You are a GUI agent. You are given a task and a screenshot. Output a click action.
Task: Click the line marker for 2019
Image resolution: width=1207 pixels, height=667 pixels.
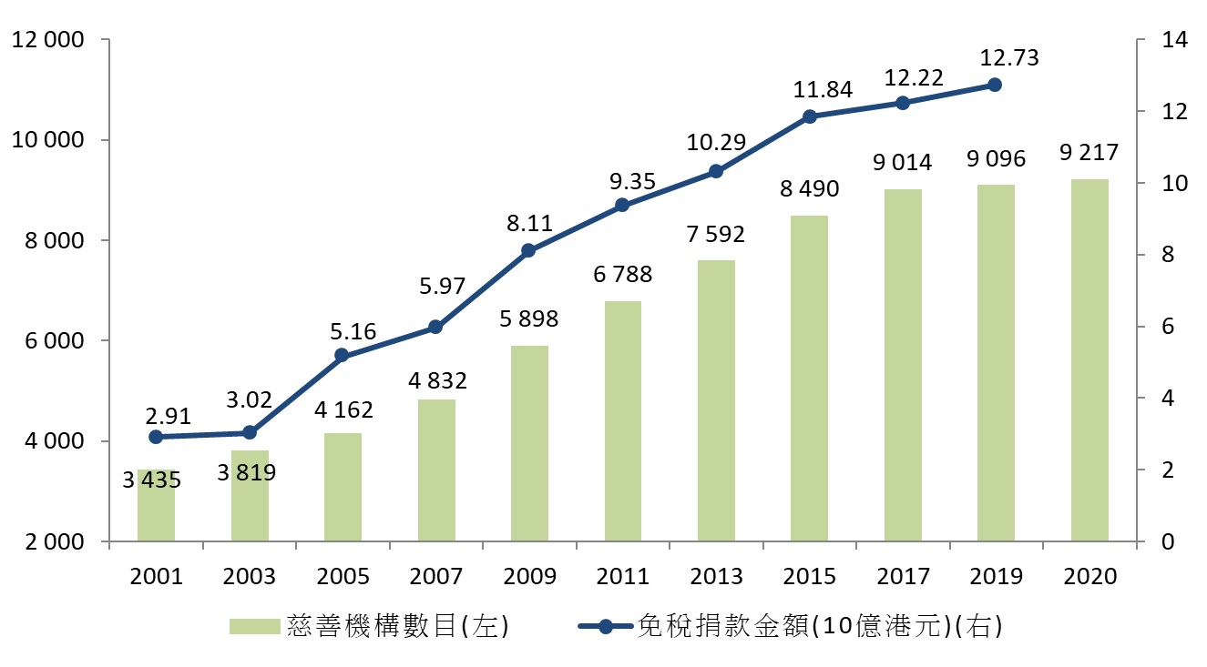995,85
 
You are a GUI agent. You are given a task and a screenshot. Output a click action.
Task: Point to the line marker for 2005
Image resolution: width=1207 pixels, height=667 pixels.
343,355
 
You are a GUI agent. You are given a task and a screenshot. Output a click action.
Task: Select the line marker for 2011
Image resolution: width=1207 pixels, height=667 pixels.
622,205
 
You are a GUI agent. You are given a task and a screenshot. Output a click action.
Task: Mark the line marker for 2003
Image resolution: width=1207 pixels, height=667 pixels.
249,432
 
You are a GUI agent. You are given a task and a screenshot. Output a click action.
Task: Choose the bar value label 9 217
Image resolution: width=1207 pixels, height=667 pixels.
1089,153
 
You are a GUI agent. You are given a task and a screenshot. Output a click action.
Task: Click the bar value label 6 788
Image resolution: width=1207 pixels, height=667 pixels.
622,274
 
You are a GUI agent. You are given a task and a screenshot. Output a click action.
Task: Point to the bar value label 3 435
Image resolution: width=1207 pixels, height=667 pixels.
154,480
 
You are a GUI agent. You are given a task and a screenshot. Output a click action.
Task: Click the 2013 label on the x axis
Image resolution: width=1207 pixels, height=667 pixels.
716,577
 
